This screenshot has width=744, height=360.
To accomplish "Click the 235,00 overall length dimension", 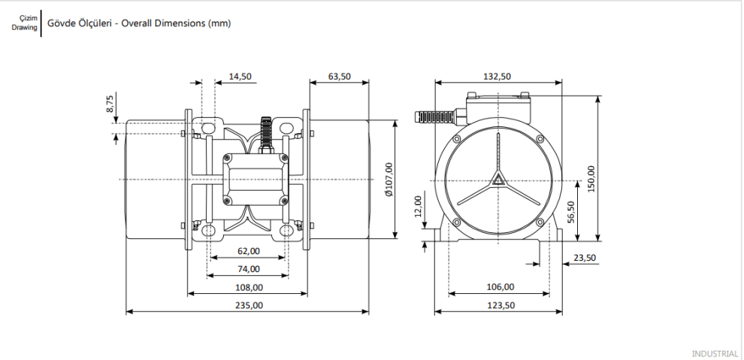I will tap(249, 305).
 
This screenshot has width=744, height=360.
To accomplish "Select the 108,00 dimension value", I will tap(249, 287).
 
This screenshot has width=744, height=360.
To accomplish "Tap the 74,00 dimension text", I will tap(249, 269).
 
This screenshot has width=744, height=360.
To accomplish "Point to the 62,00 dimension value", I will tap(249, 251).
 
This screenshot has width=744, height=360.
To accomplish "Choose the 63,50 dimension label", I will tap(340, 77).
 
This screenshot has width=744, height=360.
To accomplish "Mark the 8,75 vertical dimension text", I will tap(110, 104).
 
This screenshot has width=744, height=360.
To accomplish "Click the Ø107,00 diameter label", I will tap(389, 180).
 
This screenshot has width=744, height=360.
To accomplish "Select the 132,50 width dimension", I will tap(498, 77).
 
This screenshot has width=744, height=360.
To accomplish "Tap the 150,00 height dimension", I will tap(591, 179).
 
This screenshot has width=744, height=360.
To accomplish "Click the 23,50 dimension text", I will tap(585, 258).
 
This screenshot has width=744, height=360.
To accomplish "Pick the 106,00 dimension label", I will tap(501, 287).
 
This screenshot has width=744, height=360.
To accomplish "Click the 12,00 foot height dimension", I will tap(418, 205).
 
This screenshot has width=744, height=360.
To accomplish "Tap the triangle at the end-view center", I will tap(498, 179).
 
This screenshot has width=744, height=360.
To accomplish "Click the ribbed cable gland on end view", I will tap(434, 116).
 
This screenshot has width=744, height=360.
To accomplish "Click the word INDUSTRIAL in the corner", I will tap(715, 353).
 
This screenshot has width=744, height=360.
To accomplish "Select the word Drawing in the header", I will tap(25, 27).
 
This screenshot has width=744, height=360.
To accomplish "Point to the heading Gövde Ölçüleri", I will tap(80, 23).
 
